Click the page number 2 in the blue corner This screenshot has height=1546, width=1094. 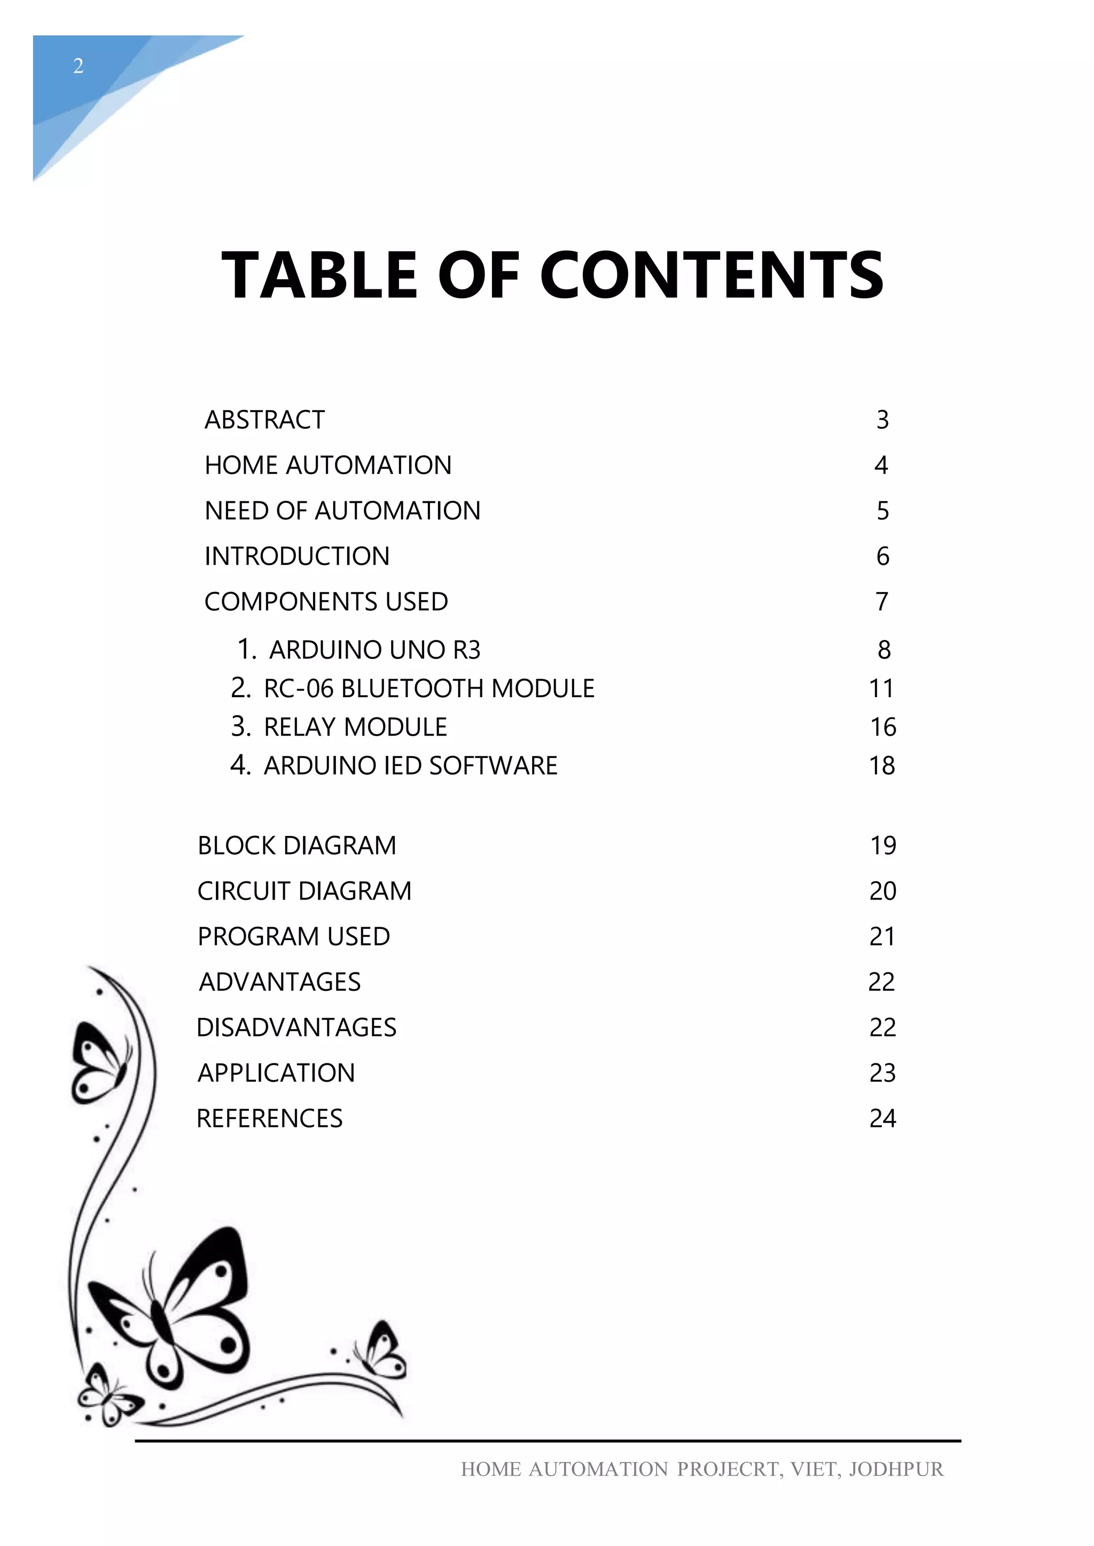78,66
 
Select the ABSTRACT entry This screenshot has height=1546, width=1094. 265,420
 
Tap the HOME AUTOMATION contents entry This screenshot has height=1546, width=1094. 328,466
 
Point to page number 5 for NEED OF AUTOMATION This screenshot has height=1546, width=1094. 882,511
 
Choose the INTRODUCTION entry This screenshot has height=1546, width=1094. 297,556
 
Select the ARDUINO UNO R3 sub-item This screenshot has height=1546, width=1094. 374,650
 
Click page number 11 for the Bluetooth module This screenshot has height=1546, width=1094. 881,688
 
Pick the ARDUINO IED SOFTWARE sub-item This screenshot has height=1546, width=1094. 410,766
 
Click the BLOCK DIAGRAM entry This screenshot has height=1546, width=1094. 297,846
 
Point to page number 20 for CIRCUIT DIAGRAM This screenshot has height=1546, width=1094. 882,891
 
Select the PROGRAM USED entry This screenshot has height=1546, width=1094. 294,937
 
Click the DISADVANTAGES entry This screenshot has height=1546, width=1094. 296,1028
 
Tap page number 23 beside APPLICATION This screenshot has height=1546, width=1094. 882,1074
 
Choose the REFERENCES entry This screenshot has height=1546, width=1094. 269,1118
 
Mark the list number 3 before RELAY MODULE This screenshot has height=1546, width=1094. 240,727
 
